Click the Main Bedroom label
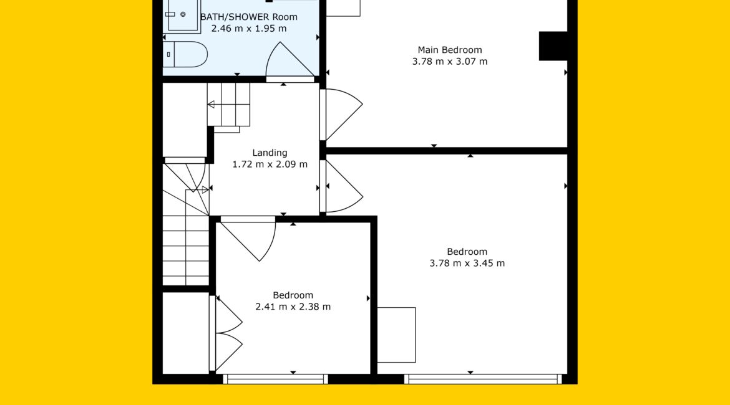point(450,50)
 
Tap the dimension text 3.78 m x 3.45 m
point(467,263)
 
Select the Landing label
point(270,153)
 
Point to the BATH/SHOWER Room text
point(249,17)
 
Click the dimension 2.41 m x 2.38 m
point(293,307)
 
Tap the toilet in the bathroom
point(185,54)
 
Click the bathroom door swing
point(290,60)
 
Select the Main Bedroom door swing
point(344,115)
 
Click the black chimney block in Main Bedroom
point(553,46)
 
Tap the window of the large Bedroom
point(483,379)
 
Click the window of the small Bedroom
point(275,379)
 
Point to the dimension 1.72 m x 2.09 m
point(270,164)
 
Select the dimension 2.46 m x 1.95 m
point(249,29)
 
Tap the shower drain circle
point(183,14)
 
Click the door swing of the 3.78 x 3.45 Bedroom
point(344,186)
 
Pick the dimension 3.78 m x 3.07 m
point(450,62)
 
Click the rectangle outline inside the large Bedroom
point(396,335)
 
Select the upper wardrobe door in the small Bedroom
point(228,315)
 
